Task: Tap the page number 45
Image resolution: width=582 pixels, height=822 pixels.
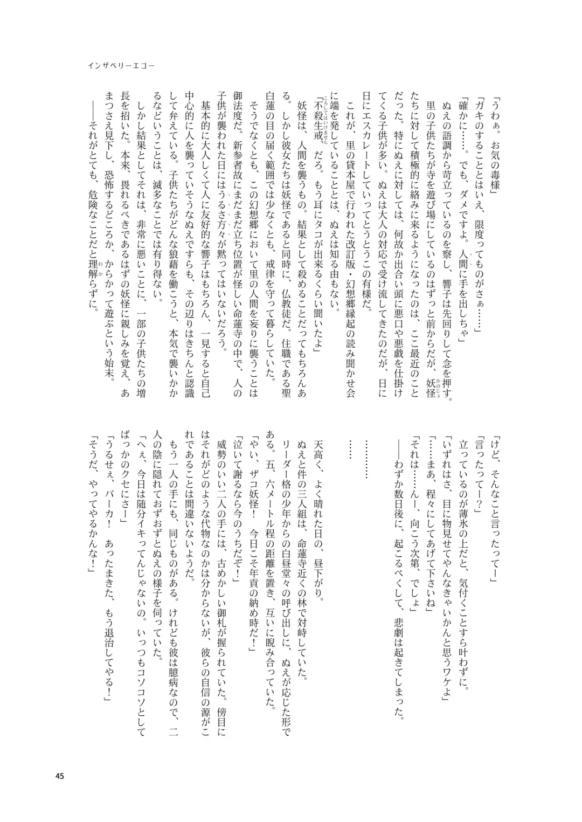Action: pyautogui.click(x=60, y=761)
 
